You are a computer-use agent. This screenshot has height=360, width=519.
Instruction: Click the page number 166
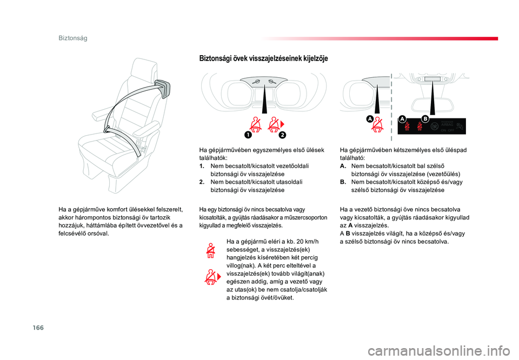click(x=38, y=328)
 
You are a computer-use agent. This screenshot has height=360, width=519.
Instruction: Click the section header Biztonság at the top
click(x=73, y=38)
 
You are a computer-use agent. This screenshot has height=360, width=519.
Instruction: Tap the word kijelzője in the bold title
click(x=315, y=58)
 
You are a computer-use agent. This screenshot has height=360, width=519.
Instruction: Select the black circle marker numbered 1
click(x=248, y=135)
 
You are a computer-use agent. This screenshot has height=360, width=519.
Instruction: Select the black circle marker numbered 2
click(x=282, y=135)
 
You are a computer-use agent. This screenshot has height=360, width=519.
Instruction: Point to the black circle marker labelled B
click(x=425, y=119)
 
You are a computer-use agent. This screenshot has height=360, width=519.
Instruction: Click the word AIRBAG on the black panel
click(x=447, y=125)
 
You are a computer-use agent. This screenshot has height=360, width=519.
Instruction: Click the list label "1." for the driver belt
click(x=202, y=166)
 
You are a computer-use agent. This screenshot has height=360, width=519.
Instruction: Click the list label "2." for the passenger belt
click(x=202, y=182)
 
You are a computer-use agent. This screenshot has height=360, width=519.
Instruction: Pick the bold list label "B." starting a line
click(x=343, y=182)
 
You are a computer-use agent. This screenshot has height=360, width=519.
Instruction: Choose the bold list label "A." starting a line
click(x=343, y=166)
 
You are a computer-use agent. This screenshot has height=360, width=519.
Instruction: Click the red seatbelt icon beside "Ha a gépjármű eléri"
click(x=210, y=250)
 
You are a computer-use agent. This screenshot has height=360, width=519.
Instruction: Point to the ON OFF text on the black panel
click(x=448, y=130)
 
